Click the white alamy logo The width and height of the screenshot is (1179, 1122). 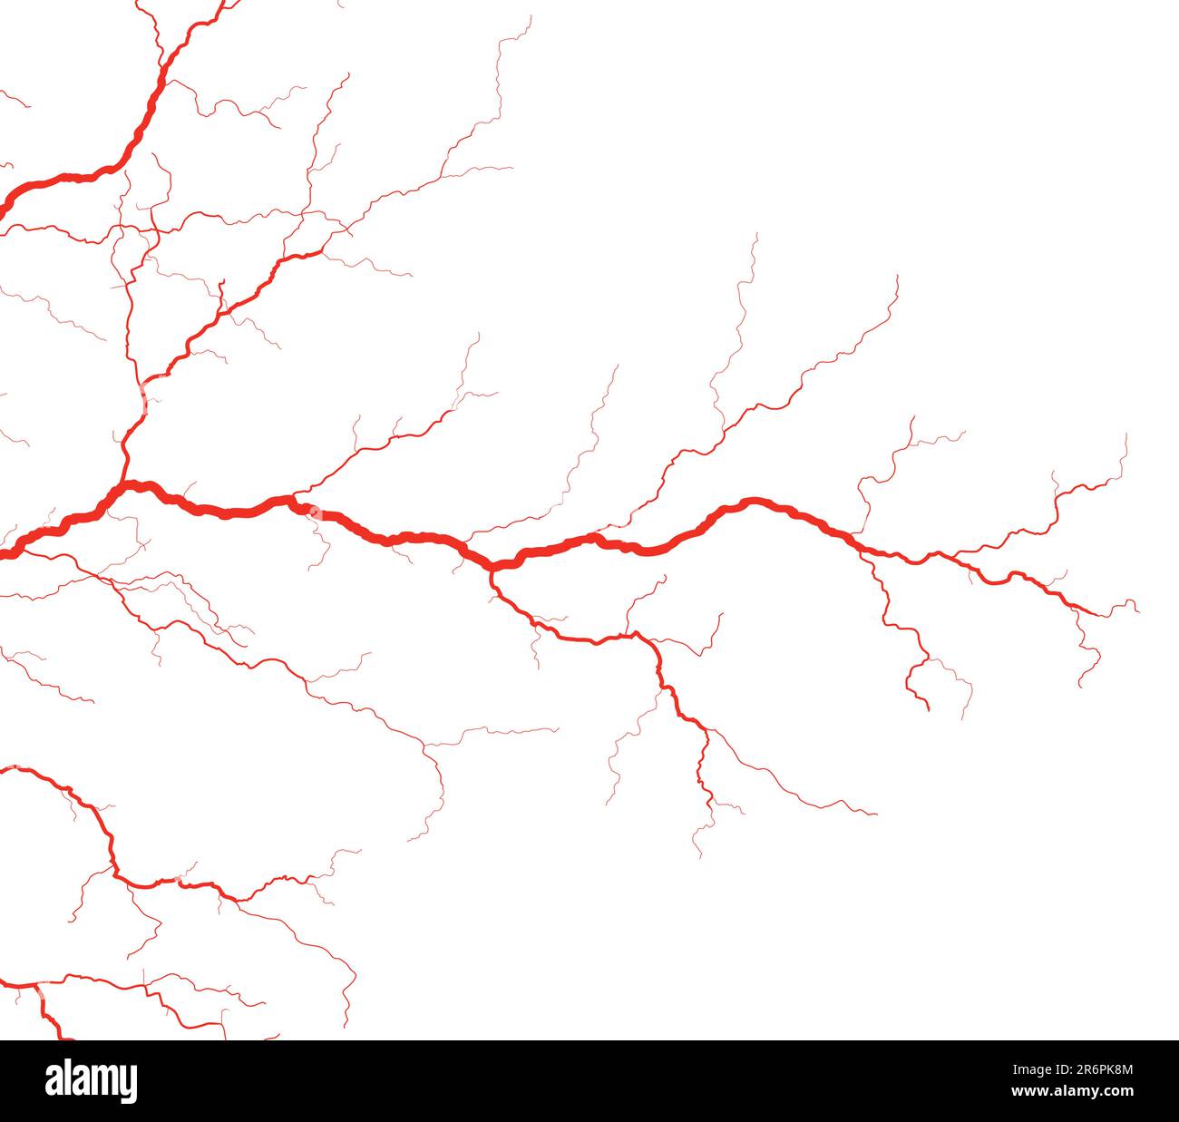(92, 1080)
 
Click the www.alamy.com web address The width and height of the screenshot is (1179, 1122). (1072, 1091)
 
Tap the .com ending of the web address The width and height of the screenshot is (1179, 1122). (1116, 1091)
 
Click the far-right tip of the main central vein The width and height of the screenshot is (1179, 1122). (1099, 614)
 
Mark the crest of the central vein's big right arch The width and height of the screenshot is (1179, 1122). (752, 500)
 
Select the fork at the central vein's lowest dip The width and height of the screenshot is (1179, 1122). (492, 568)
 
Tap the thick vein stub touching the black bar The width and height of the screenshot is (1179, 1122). (63, 1035)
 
